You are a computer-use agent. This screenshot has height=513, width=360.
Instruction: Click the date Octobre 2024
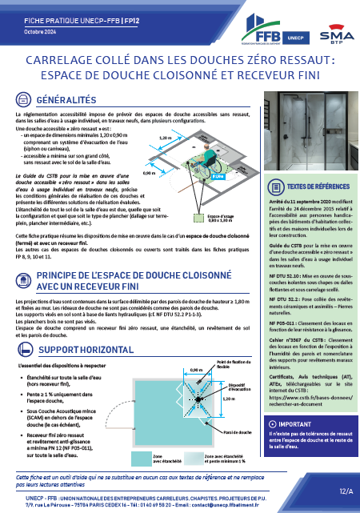35,32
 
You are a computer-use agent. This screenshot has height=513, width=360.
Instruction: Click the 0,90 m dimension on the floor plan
194,370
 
